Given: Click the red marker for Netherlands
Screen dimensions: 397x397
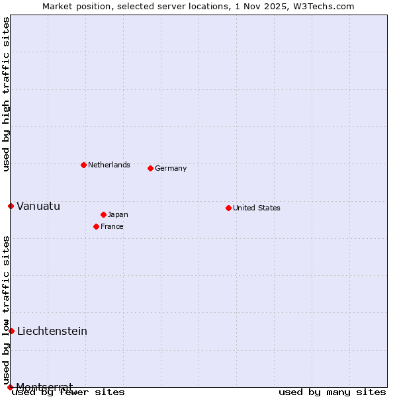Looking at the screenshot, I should click(x=83, y=165).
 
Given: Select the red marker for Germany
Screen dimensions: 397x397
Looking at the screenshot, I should click(x=150, y=168).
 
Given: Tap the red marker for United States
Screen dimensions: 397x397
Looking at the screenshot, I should click(x=228, y=208).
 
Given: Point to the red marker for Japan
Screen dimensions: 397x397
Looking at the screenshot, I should click(x=103, y=214).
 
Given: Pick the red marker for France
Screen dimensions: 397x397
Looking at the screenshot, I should click(x=96, y=226).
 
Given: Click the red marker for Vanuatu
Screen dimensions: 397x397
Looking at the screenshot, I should click(x=11, y=206).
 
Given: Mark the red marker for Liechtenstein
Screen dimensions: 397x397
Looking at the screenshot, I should click(x=11, y=331).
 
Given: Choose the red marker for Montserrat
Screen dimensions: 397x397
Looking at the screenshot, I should click(x=10, y=387).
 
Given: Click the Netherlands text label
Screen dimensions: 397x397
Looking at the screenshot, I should click(x=109, y=165).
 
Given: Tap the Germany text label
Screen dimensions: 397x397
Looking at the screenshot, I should click(x=171, y=168).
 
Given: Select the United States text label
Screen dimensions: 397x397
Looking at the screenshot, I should click(x=257, y=208).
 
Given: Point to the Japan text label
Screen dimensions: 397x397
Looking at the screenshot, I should click(x=118, y=214).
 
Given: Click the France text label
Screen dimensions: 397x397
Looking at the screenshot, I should click(x=112, y=226).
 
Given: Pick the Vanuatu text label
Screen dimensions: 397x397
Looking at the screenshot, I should click(x=38, y=206).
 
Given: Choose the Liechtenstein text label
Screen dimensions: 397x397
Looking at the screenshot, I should click(x=52, y=331).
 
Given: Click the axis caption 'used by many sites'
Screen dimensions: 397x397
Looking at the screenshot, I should click(x=332, y=392).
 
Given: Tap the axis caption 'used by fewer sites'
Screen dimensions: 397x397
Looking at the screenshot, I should click(x=69, y=392).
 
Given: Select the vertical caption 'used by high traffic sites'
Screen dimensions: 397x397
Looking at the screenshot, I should click(x=6, y=94).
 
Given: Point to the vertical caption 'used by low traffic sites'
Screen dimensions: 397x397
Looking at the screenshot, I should click(x=6, y=310).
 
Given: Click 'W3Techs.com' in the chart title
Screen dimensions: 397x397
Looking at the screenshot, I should click(x=327, y=6).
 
